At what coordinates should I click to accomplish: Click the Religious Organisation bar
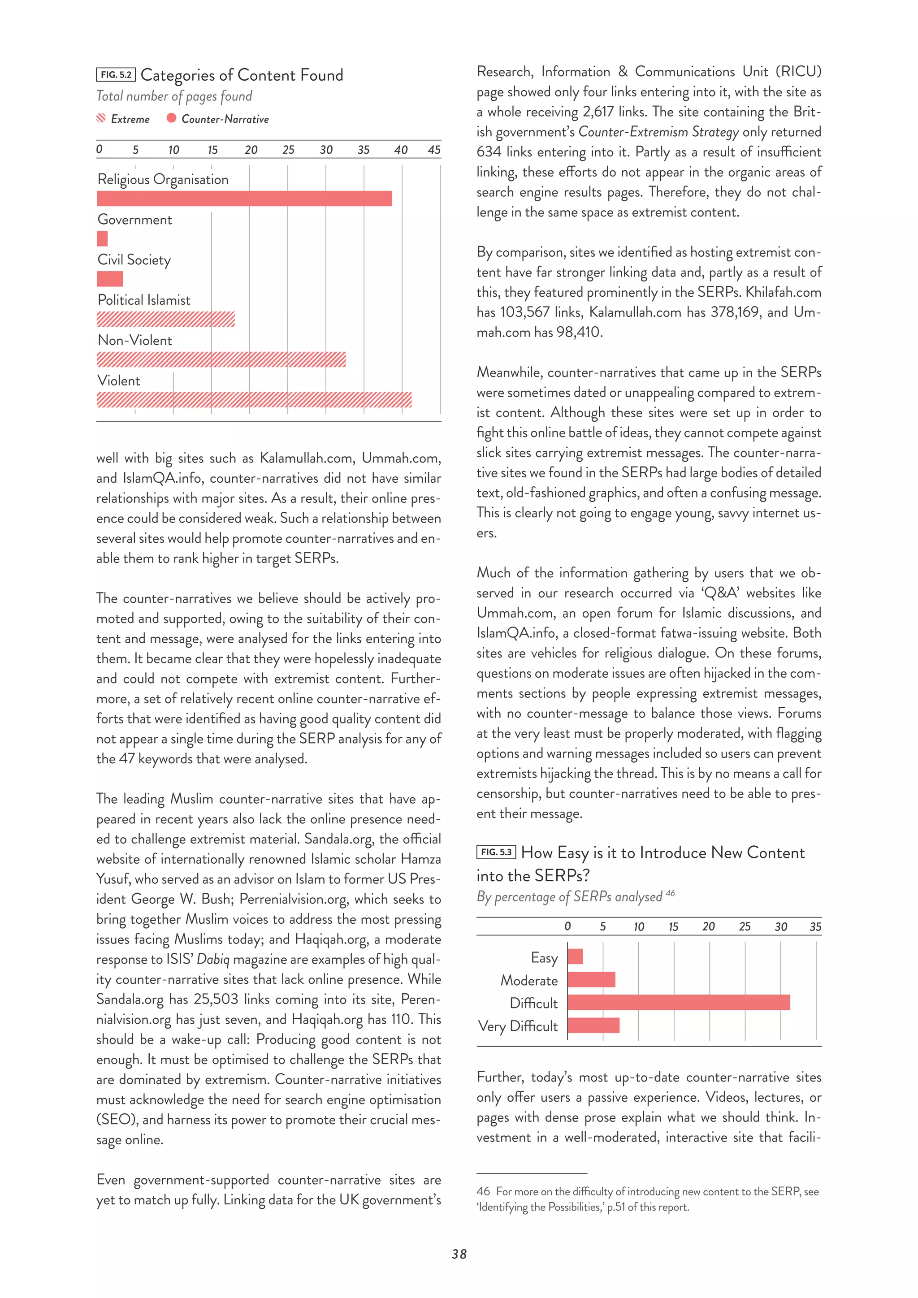pyautogui.click(x=244, y=199)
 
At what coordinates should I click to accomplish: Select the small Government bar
pyautogui.click(x=102, y=238)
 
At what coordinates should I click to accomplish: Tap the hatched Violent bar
pyautogui.click(x=254, y=400)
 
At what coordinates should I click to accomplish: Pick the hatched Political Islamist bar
pyautogui.click(x=165, y=320)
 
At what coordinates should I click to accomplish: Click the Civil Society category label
pyautogui.click(x=134, y=260)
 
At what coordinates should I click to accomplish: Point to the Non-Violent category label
pyautogui.click(x=134, y=340)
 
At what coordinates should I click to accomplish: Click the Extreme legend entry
pyautogui.click(x=123, y=119)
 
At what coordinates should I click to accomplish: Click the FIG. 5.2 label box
pyautogui.click(x=116, y=74)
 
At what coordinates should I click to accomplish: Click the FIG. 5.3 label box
pyautogui.click(x=496, y=852)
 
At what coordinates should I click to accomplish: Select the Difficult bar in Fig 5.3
pyautogui.click(x=678, y=1002)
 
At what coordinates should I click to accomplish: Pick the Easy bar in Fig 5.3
pyautogui.click(x=575, y=956)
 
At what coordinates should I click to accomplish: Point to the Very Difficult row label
pyautogui.click(x=518, y=1026)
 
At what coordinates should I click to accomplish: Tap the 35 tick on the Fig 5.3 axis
pyautogui.click(x=815, y=926)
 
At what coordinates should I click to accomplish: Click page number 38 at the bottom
pyautogui.click(x=459, y=1254)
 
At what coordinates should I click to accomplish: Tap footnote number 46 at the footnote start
pyautogui.click(x=483, y=1191)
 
